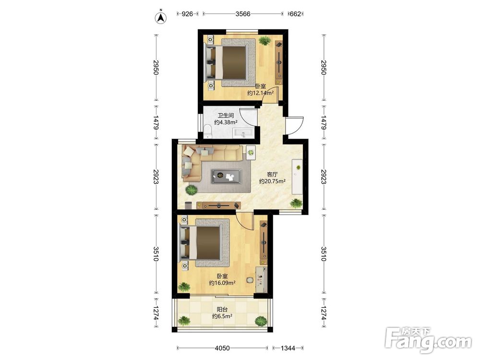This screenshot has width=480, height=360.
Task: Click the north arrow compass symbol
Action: [160, 17]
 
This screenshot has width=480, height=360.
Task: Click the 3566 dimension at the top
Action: [243, 14]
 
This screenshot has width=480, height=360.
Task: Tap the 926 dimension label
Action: [187, 14]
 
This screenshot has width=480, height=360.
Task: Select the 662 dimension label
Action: [295, 14]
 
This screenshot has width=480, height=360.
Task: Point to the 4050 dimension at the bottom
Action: [222, 348]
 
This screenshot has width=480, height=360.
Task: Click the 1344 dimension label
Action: [288, 348]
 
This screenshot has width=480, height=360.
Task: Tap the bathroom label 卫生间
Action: [226, 115]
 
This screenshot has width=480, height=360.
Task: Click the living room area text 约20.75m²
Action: [273, 181]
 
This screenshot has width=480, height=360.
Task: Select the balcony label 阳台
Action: [222, 310]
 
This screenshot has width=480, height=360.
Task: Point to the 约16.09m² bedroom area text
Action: [222, 283]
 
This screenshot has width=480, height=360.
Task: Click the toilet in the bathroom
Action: [208, 131]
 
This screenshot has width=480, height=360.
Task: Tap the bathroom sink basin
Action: [243, 133]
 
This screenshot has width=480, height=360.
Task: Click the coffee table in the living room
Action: [226, 176]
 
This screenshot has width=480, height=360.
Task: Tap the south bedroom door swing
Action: [244, 220]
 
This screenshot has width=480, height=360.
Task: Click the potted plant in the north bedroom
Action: [264, 40]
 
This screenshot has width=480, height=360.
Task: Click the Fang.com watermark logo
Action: [429, 340]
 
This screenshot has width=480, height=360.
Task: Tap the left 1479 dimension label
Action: [156, 122]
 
